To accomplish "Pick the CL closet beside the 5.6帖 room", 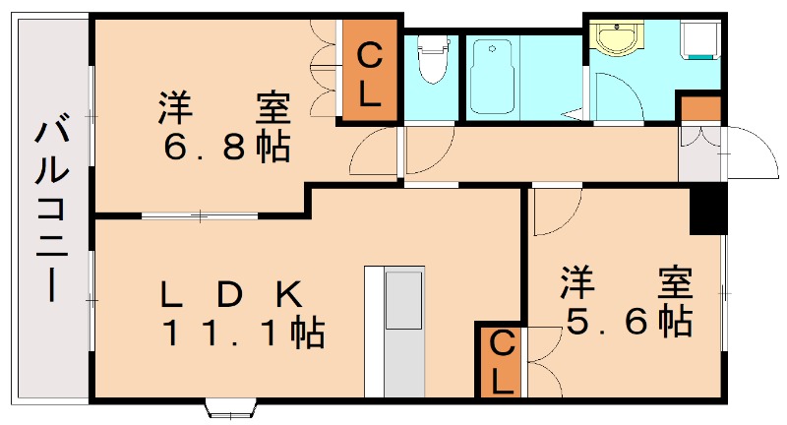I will [x=502, y=361].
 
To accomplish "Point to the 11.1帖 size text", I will [x=242, y=334].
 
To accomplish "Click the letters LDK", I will [x=230, y=293].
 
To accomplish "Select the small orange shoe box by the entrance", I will [x=700, y=107].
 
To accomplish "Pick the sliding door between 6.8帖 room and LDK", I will [x=202, y=214].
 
